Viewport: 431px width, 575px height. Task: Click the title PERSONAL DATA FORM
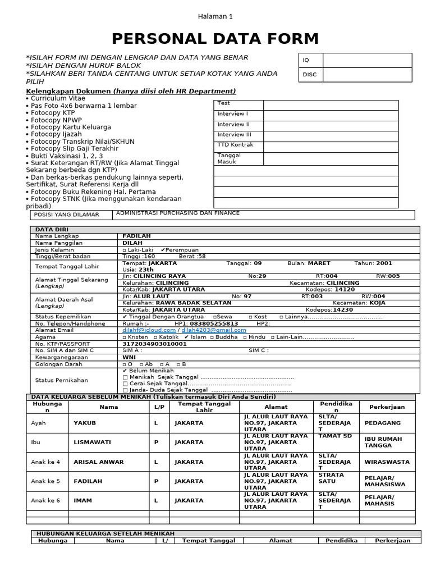click(x=215, y=39)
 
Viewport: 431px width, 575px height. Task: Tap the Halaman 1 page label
click(x=215, y=16)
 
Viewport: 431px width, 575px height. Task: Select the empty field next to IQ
click(x=367, y=60)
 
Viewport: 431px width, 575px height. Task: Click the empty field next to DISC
click(x=367, y=74)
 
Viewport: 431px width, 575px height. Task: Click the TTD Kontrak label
click(x=235, y=145)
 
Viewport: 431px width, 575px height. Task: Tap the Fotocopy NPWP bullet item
click(x=52, y=120)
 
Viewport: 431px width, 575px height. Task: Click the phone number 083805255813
click(x=214, y=323)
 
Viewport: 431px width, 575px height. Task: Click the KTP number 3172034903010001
click(x=154, y=344)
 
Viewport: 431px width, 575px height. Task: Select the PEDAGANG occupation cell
click(x=382, y=423)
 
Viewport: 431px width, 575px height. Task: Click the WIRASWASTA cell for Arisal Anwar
click(x=387, y=462)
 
